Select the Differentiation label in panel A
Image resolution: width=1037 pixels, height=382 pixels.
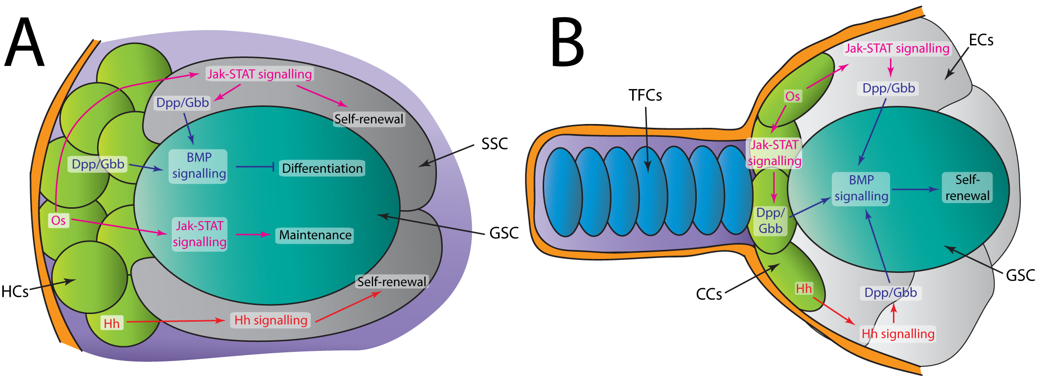(x=322, y=169)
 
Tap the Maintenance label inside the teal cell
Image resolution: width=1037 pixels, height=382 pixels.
(x=315, y=235)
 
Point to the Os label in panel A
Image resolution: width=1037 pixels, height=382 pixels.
(x=58, y=221)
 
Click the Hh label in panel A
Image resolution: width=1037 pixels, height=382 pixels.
(x=112, y=324)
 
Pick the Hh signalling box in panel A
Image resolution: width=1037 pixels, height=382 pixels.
(x=270, y=320)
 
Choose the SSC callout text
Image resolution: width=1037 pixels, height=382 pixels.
(x=494, y=144)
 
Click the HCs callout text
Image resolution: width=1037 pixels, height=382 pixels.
(x=15, y=292)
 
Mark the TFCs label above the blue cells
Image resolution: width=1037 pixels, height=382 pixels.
(x=645, y=96)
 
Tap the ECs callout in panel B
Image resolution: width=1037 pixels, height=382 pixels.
(x=981, y=40)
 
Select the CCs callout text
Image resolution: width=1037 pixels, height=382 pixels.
(x=709, y=294)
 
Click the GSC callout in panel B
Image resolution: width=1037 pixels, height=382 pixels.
(x=1020, y=275)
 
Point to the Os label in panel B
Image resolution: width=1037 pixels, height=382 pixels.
(x=792, y=96)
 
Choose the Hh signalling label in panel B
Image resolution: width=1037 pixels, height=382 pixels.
(x=898, y=334)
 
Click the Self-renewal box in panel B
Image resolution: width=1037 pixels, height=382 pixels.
(x=967, y=188)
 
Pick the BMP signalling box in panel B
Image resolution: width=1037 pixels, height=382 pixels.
(x=861, y=189)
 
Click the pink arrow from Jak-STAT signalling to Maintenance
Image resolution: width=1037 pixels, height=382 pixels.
(x=253, y=235)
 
